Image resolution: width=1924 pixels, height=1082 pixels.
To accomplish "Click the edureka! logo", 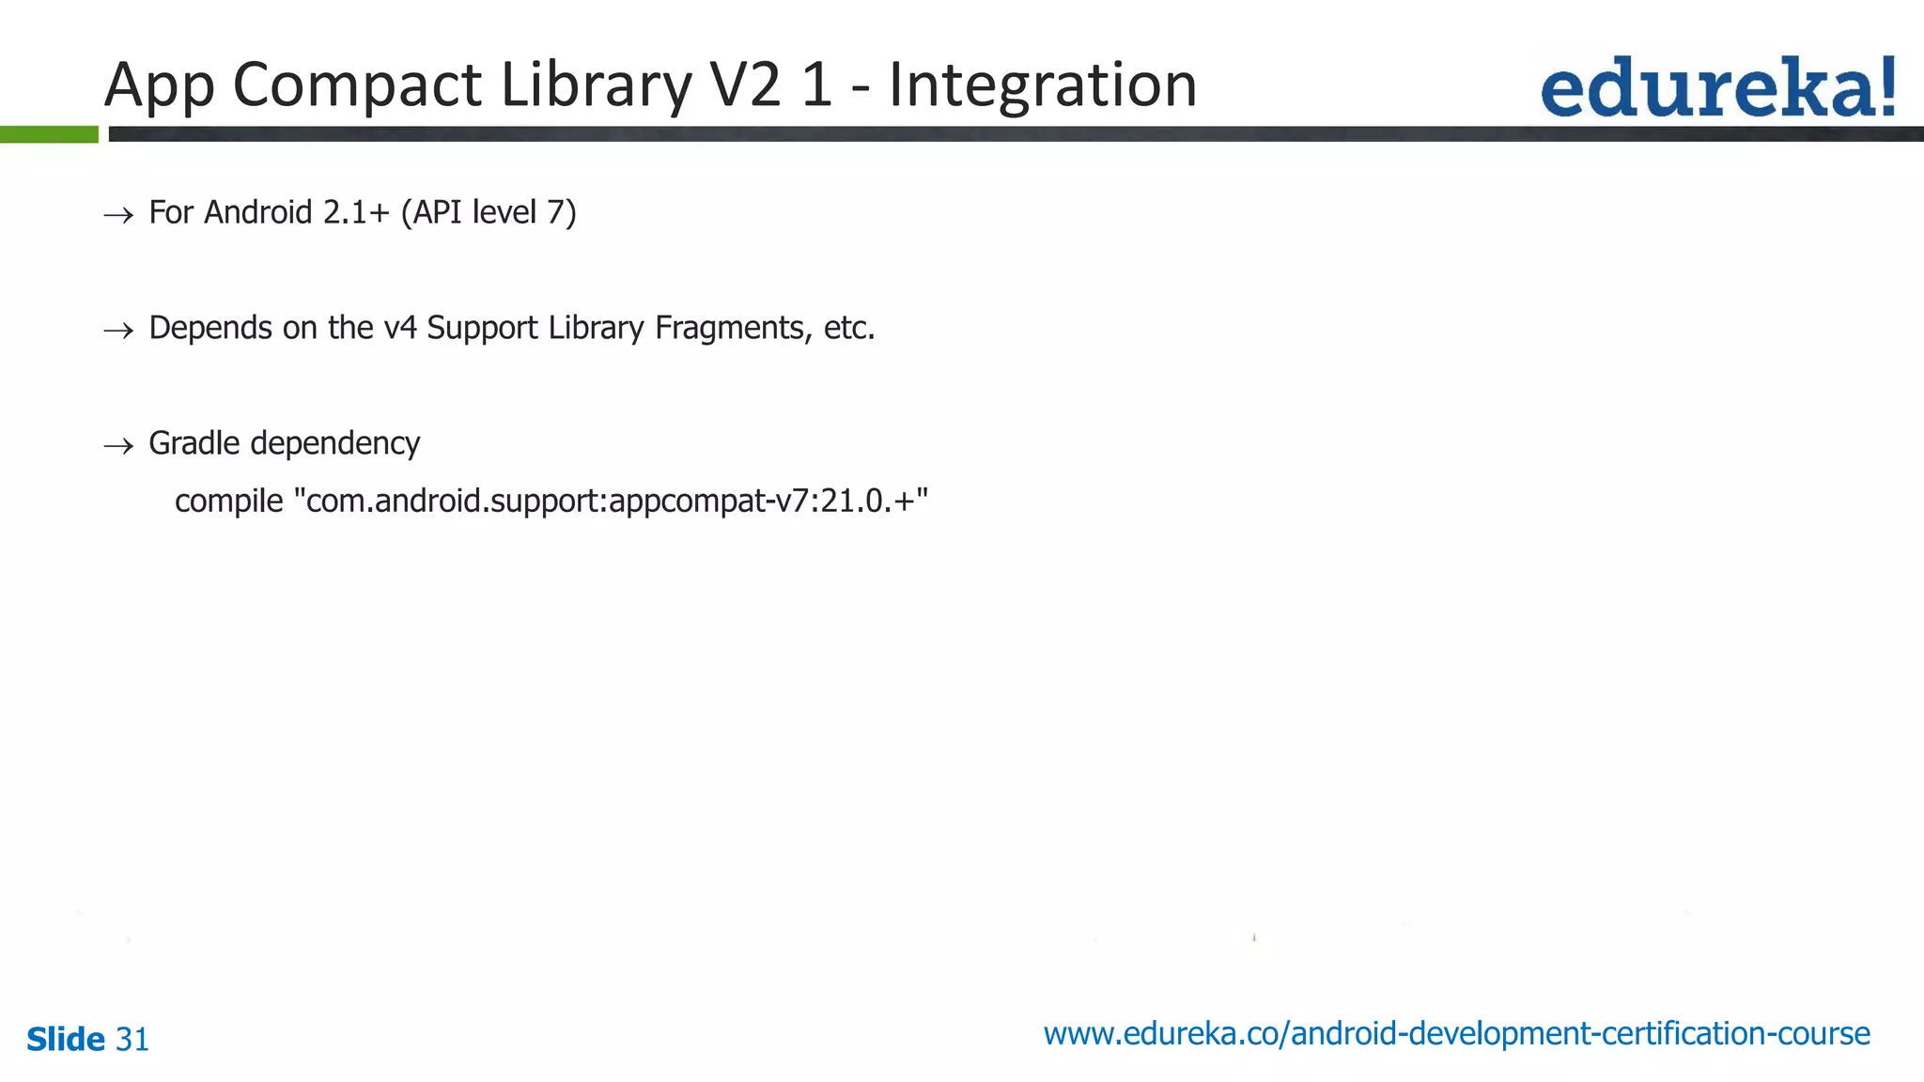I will pyautogui.click(x=1717, y=87).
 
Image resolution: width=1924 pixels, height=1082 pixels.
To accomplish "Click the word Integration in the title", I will pyautogui.click(x=1042, y=85).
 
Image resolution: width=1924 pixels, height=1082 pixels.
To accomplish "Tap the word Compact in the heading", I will pyautogui.click(x=357, y=85).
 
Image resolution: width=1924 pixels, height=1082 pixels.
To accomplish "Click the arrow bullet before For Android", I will pyautogui.click(x=118, y=216).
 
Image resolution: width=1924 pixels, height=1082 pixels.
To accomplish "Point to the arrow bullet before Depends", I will pyautogui.click(x=118, y=331).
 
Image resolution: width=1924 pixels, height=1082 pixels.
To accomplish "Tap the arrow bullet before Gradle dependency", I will pyautogui.click(x=118, y=446).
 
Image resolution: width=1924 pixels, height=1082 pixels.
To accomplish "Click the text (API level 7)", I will pyautogui.click(x=489, y=212).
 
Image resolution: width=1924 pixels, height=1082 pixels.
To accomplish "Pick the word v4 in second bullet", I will pyautogui.click(x=400, y=328).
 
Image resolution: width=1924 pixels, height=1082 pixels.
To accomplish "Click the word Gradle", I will pyautogui.click(x=194, y=443).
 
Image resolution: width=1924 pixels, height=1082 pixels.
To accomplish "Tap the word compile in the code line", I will pyautogui.click(x=228, y=501).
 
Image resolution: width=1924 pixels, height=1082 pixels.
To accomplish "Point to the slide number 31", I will pyautogui.click(x=132, y=1040).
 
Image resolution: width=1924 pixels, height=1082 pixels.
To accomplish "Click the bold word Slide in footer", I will pyautogui.click(x=66, y=1040).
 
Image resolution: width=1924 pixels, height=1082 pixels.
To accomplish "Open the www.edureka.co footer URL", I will pyautogui.click(x=1456, y=1034).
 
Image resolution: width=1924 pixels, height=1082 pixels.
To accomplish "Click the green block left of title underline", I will pyautogui.click(x=49, y=134).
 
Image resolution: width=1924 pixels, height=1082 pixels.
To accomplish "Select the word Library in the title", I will pyautogui.click(x=596, y=85).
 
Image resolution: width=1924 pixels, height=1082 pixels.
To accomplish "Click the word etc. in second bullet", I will pyautogui.click(x=849, y=328).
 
